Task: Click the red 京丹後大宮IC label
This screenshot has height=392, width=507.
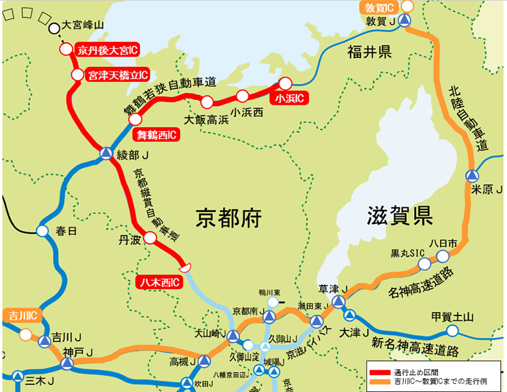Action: (107, 51)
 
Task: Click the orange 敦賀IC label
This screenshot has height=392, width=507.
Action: (380, 7)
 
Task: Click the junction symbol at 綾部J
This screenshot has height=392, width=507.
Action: (106, 154)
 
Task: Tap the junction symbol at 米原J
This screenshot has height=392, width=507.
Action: (472, 176)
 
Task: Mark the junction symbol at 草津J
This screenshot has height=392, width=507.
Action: (338, 301)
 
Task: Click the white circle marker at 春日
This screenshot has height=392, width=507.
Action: (43, 231)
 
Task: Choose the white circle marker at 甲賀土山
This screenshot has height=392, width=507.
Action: (453, 330)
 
